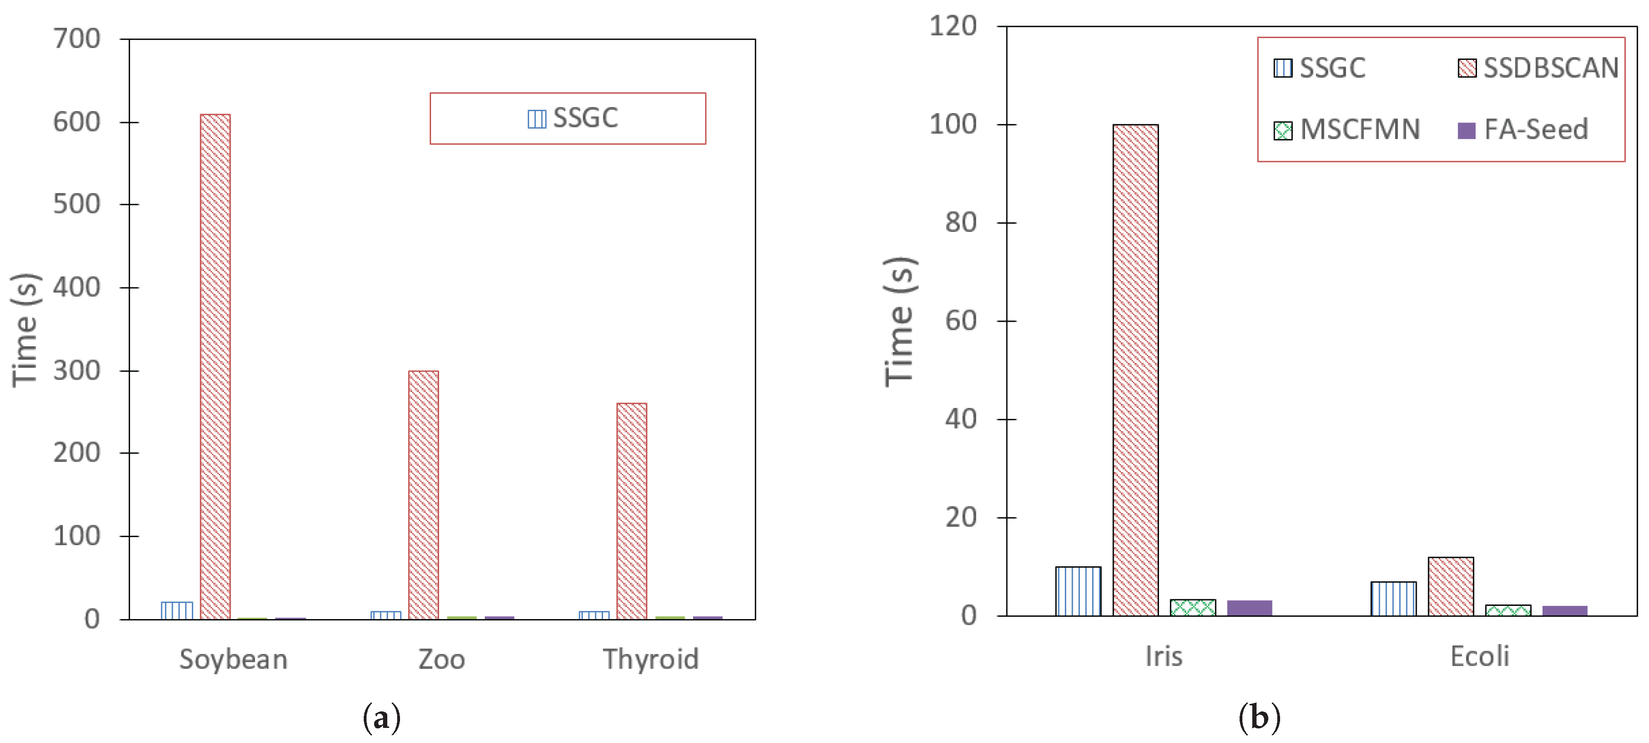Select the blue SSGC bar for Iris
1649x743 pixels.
(1078, 591)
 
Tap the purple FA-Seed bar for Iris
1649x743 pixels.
(1249, 607)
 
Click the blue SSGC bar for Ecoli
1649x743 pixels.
(1393, 598)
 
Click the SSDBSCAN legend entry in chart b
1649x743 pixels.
(1538, 68)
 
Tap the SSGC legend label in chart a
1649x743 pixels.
(573, 118)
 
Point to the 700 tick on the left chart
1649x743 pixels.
(77, 39)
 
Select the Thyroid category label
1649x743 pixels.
(650, 659)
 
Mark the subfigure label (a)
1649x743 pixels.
(382, 718)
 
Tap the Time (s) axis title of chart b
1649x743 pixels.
(900, 321)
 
